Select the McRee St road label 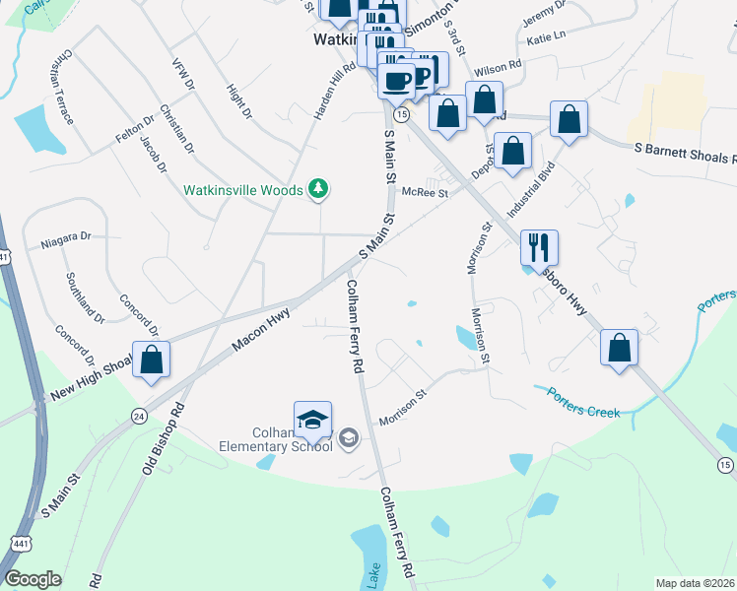tap(427, 194)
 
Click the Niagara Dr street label tap(65, 238)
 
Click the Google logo tap(33, 579)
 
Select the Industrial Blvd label tap(526, 198)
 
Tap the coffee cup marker tap(397, 80)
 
